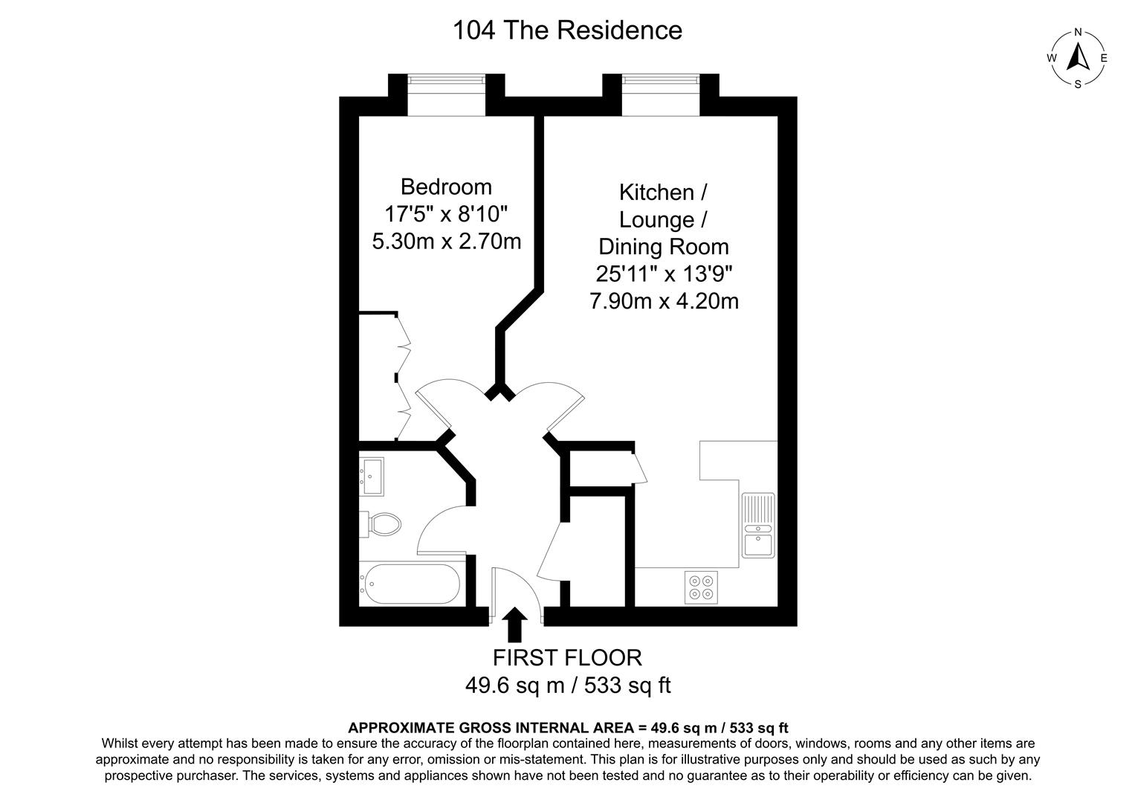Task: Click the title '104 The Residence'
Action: pos(567,30)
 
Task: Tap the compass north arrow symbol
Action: pos(1078,57)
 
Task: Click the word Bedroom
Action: pos(446,186)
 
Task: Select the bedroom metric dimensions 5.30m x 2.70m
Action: pos(446,241)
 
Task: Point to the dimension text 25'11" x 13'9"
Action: pos(664,274)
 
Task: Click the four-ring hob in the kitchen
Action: pos(701,587)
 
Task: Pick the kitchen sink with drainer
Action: pos(758,525)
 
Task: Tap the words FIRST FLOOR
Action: pos(567,657)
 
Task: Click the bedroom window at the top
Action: pos(446,95)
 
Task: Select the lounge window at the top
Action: pos(661,95)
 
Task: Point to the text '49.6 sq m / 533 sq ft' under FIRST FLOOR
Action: pos(567,685)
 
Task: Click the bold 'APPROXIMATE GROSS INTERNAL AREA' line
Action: pos(567,728)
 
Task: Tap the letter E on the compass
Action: pos(1104,58)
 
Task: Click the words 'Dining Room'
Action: pos(664,247)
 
